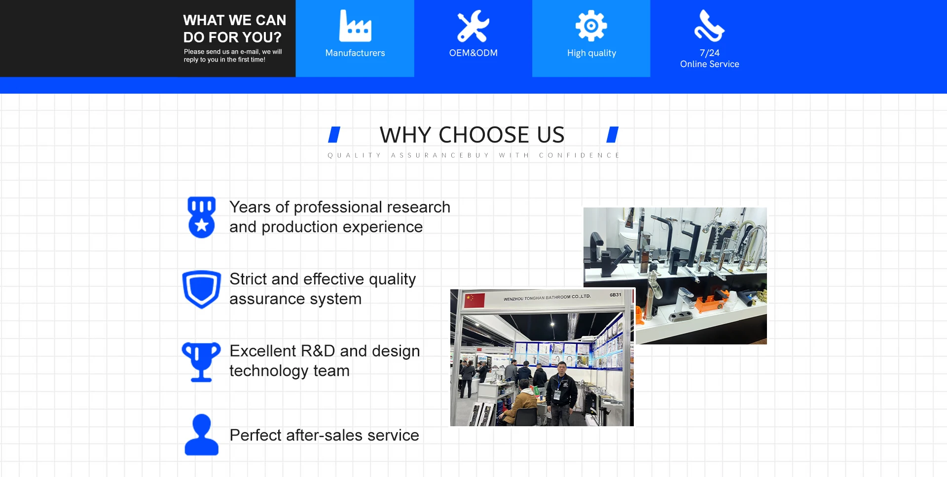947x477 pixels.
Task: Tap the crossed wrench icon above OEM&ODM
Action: (x=473, y=26)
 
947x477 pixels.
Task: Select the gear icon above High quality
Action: (x=591, y=26)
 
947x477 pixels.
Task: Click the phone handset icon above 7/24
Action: (x=709, y=26)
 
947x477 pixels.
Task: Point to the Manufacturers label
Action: (x=355, y=53)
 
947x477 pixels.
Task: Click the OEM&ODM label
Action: (x=473, y=53)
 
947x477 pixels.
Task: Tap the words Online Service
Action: (x=710, y=64)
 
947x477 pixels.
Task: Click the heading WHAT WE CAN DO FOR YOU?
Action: (x=235, y=29)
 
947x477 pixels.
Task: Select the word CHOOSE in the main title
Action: (x=484, y=135)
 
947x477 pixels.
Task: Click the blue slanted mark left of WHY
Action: (x=334, y=135)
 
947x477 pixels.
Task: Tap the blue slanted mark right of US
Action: (x=613, y=135)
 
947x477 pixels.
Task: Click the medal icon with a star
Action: (x=202, y=217)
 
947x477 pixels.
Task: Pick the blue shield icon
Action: (x=202, y=289)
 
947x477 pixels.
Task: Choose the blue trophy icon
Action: (x=201, y=362)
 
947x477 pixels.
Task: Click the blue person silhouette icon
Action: (x=201, y=435)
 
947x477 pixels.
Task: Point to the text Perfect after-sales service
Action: (x=324, y=435)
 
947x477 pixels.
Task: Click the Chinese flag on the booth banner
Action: (x=475, y=300)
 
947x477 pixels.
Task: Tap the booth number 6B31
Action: (x=616, y=295)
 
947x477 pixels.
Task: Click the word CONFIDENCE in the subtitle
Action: (x=579, y=155)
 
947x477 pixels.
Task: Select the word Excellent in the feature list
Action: (x=263, y=351)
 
